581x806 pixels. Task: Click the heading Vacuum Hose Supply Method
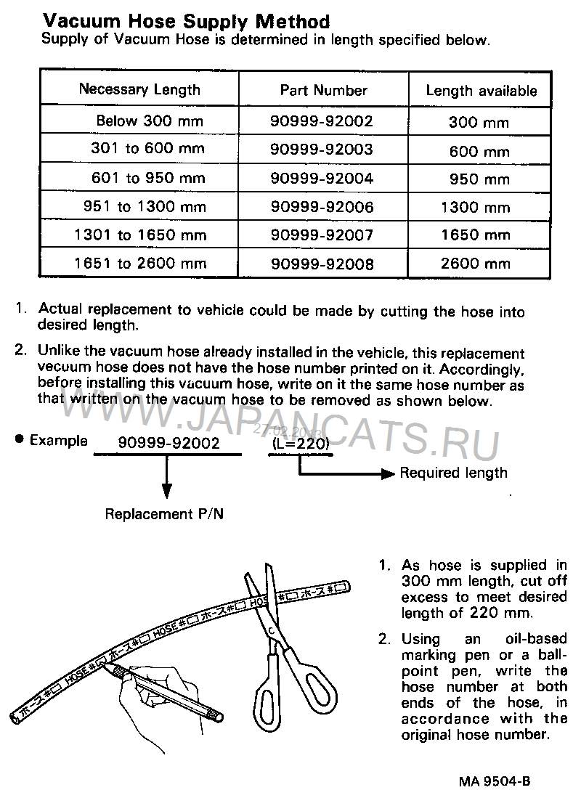pyautogui.click(x=185, y=22)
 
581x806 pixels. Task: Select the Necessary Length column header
pyautogui.click(x=139, y=90)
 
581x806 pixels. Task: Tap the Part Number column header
pyautogui.click(x=323, y=91)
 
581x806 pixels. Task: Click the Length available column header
pyautogui.click(x=482, y=91)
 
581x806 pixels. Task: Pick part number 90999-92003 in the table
pyautogui.click(x=322, y=150)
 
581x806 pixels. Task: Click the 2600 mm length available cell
pyautogui.click(x=476, y=264)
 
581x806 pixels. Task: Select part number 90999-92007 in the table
pyautogui.click(x=322, y=235)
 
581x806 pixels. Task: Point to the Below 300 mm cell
pyautogui.click(x=150, y=121)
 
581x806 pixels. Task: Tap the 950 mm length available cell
pyautogui.click(x=479, y=179)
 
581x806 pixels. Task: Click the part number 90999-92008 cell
pyautogui.click(x=322, y=264)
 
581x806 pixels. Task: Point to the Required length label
pyautogui.click(x=454, y=473)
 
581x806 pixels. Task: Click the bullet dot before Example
pyautogui.click(x=19, y=439)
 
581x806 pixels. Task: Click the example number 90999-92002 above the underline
pyautogui.click(x=168, y=442)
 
